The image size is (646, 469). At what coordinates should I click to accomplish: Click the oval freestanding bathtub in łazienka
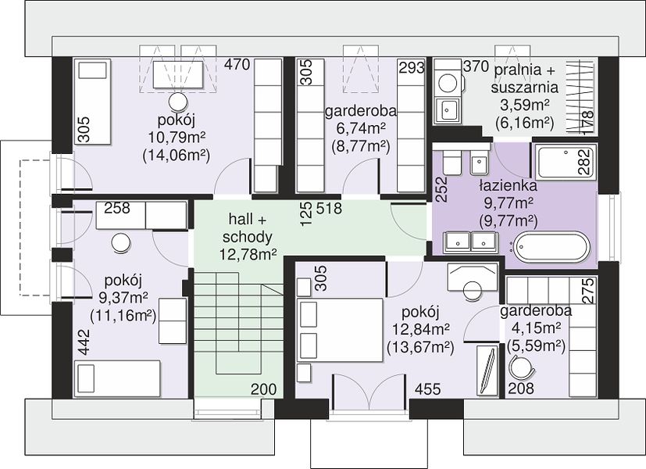(552, 247)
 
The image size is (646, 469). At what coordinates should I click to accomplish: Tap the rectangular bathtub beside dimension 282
(566, 161)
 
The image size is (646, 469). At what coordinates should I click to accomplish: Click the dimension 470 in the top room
(237, 65)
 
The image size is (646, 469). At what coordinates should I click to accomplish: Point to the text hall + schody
(248, 228)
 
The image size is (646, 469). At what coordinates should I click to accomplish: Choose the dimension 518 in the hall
(329, 209)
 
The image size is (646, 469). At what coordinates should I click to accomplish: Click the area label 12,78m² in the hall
(248, 254)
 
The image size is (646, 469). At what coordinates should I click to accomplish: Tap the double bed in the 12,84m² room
(341, 330)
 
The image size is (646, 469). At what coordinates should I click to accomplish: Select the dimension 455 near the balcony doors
(427, 388)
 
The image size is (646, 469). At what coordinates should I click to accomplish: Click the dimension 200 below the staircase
(264, 388)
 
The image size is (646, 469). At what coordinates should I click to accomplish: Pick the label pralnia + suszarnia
(525, 78)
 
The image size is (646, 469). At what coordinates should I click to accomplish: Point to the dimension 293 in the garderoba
(411, 67)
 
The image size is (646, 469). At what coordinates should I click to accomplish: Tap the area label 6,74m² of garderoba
(361, 128)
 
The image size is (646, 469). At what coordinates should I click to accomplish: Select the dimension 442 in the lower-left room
(84, 342)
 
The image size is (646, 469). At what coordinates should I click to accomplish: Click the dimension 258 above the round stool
(117, 208)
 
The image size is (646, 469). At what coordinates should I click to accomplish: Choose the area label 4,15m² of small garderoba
(536, 328)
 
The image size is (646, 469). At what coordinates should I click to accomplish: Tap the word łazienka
(509, 186)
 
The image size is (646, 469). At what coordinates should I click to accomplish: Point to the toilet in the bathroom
(453, 161)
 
